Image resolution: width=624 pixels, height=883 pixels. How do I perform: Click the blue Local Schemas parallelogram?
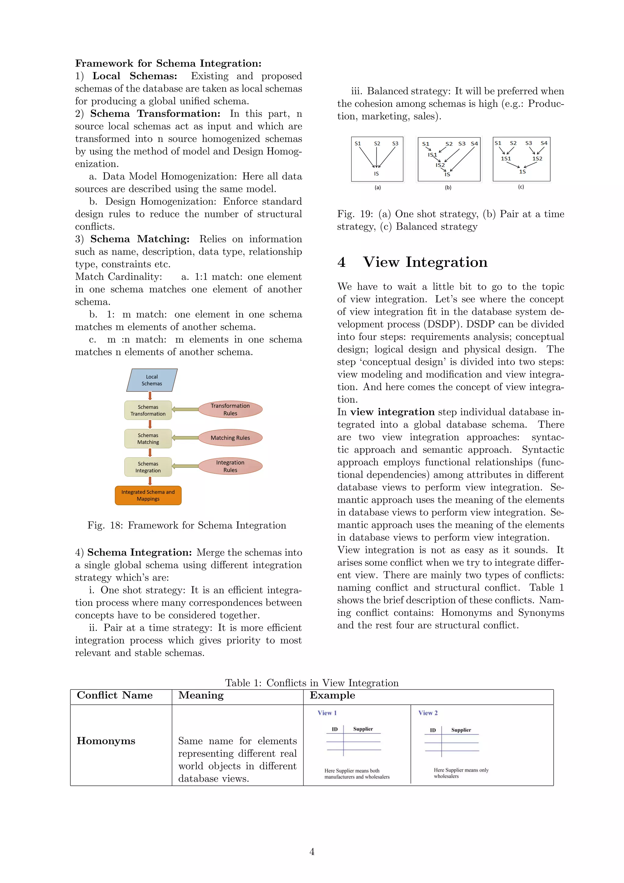click(152, 380)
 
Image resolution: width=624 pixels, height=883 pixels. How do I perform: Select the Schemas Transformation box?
click(148, 410)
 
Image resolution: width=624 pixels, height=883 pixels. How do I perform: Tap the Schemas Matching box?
click(148, 438)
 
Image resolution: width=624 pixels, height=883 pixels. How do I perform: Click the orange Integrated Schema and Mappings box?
click(148, 495)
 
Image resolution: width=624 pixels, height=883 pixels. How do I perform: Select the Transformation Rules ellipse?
click(230, 409)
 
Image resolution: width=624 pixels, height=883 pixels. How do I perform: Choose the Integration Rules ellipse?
click(230, 466)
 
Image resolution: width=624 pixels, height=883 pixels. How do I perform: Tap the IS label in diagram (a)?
click(376, 174)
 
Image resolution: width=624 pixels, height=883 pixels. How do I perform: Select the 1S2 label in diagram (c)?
click(537, 159)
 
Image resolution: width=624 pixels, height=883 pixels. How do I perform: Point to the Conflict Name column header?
click(115, 695)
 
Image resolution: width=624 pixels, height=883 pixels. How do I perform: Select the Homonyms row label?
click(106, 741)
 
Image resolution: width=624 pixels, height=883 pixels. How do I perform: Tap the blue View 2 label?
click(428, 713)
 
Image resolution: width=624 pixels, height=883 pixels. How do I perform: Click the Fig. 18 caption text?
click(187, 525)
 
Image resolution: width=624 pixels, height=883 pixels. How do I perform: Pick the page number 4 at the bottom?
click(312, 852)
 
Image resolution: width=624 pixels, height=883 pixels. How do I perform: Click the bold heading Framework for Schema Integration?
click(168, 63)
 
